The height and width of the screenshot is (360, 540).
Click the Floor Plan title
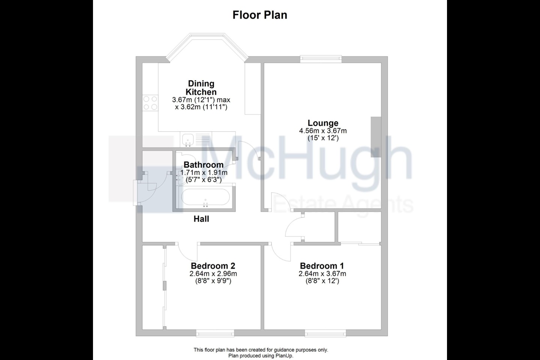pyautogui.click(x=259, y=15)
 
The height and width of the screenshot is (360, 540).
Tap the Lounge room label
pyautogui.click(x=323, y=123)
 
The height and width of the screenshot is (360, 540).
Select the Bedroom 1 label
pyautogui.click(x=322, y=266)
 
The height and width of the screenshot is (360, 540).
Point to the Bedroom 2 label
pyautogui.click(x=213, y=266)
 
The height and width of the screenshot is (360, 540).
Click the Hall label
pyautogui.click(x=201, y=219)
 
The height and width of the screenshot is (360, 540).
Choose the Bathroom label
pyautogui.click(x=204, y=165)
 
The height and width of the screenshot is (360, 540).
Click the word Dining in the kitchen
pyautogui.click(x=201, y=84)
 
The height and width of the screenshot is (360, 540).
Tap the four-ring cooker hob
pyautogui.click(x=150, y=103)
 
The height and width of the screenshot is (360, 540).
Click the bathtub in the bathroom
pyautogui.click(x=205, y=197)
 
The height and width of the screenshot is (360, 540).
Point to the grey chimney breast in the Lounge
pyautogui.click(x=376, y=137)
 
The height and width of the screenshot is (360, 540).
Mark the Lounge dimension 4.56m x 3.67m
pyautogui.click(x=323, y=131)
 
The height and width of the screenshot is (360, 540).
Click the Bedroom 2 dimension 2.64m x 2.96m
pyautogui.click(x=213, y=274)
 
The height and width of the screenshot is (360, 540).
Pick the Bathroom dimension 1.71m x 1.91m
pyautogui.click(x=204, y=172)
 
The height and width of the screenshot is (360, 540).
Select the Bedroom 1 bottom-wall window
pyautogui.click(x=325, y=334)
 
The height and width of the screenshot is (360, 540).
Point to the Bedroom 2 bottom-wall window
pyautogui.click(x=215, y=334)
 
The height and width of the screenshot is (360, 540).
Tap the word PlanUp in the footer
pyautogui.click(x=285, y=355)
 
